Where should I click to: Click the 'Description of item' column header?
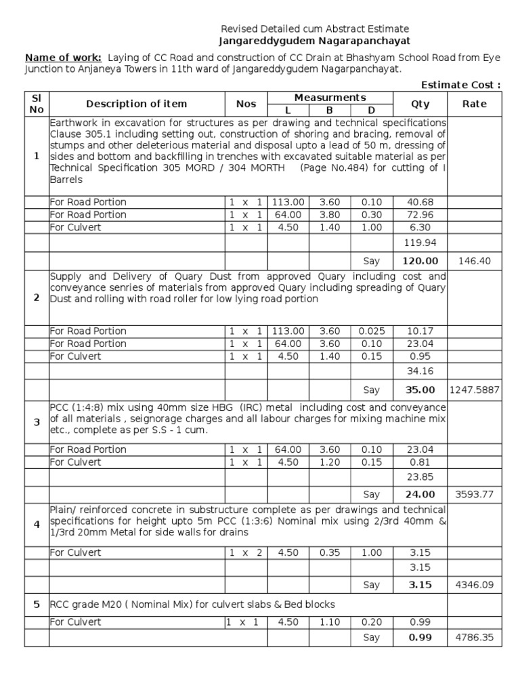[x=137, y=104]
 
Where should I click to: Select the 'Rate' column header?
[x=474, y=104]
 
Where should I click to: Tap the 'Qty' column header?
[x=420, y=104]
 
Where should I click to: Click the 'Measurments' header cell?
[x=330, y=98]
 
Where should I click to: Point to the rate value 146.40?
[x=474, y=261]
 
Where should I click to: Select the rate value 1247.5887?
[x=474, y=390]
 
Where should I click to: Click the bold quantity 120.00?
[x=420, y=261]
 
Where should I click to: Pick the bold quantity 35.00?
[x=420, y=390]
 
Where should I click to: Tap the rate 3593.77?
[x=474, y=495]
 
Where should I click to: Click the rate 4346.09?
[x=474, y=584]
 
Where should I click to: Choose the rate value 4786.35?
[x=474, y=638]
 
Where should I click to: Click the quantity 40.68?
[x=420, y=202]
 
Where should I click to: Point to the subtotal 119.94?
[x=420, y=242]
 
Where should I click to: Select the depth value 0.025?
[x=371, y=331]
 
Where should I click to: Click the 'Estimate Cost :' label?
[x=461, y=85]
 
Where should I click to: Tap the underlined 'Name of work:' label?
[x=63, y=58]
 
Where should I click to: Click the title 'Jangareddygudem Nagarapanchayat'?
[x=315, y=41]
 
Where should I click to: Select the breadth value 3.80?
[x=330, y=215]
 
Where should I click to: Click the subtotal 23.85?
[x=420, y=476]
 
